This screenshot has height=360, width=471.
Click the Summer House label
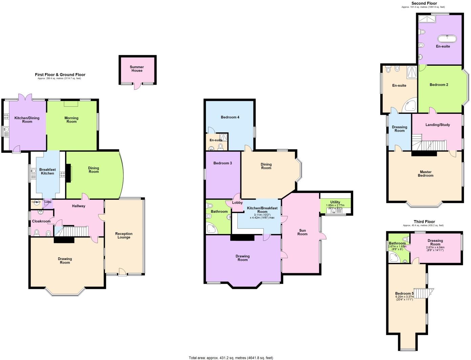pos(137,69)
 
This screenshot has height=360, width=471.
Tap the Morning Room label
pos(71,120)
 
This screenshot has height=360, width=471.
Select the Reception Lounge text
pos(124,235)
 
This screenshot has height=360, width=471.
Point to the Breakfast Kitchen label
pos(47,171)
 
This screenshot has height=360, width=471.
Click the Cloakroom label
pos(41,221)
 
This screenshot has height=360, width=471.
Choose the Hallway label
pos(79,206)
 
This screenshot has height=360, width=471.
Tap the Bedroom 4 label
pos(230,117)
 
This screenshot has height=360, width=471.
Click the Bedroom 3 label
pos(222,163)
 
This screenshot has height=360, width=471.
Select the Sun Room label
pos(302,232)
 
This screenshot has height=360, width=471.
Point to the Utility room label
pos(335,202)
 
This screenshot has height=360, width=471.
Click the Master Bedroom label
pos(426,174)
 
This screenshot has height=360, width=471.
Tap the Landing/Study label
pos(437,125)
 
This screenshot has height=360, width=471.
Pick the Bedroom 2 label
pos(439,85)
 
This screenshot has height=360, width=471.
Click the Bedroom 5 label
pos(404,294)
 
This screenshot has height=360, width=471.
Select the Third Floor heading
pos(423,222)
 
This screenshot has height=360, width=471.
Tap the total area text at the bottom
pos(231,358)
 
